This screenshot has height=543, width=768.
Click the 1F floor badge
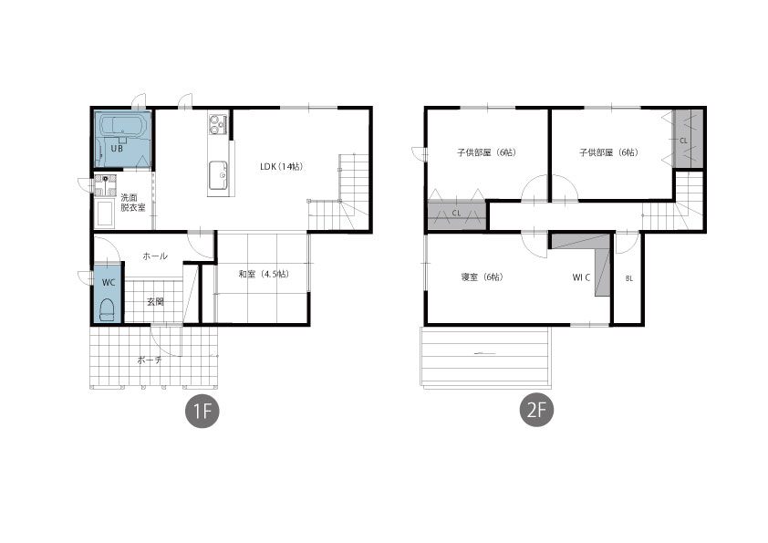click(202, 411)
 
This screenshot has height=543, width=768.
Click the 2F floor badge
click(537, 410)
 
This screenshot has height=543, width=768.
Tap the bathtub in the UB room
click(123, 125)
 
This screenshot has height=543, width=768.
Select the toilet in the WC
click(107, 309)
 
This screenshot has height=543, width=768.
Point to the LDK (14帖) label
click(281, 167)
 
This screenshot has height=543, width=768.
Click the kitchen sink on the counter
click(218, 175)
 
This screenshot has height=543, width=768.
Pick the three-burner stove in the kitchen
click(217, 123)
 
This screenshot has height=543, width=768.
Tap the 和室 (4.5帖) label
click(264, 274)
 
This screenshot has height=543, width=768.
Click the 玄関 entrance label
click(155, 301)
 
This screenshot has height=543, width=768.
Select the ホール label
click(155, 256)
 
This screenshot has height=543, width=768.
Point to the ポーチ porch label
click(150, 360)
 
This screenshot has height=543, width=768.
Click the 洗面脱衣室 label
click(133, 203)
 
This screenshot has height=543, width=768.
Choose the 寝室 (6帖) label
click(482, 277)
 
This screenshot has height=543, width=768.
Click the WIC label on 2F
click(581, 277)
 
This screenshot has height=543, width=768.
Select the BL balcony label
click(628, 278)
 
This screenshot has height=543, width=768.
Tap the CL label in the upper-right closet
click(683, 141)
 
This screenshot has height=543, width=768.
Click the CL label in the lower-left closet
click(456, 214)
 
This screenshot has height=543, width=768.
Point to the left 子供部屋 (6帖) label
click(486, 152)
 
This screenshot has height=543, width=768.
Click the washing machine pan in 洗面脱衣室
click(105, 214)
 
